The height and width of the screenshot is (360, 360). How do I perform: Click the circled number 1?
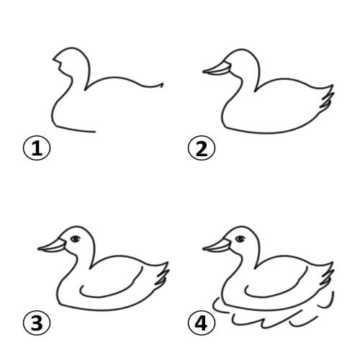pyautogui.click(x=35, y=150)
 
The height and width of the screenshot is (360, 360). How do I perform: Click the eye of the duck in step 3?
pyautogui.click(x=75, y=238)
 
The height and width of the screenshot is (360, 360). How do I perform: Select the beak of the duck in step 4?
pyautogui.click(x=215, y=246)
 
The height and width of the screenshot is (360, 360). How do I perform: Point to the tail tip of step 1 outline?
pyautogui.click(x=162, y=86)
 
